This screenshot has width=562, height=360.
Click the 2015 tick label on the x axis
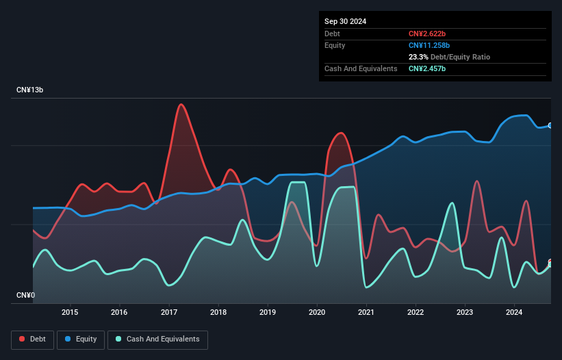70,313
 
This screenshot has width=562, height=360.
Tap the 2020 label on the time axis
317,313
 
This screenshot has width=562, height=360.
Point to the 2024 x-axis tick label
514,313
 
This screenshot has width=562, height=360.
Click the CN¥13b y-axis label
30,90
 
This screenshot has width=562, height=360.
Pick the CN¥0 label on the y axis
25,296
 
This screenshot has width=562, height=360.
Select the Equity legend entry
81,339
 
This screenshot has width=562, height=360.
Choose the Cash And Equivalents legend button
157,339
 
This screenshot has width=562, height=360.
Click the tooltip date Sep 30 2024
346,21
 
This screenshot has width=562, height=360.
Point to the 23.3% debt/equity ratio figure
418,57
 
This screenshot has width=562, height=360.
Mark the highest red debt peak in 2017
181,105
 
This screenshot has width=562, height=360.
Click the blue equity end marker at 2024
550,125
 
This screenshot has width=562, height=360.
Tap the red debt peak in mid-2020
340,133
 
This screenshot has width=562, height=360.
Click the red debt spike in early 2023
476,181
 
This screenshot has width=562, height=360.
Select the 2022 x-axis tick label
416,313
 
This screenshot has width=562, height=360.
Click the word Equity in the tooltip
335,45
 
